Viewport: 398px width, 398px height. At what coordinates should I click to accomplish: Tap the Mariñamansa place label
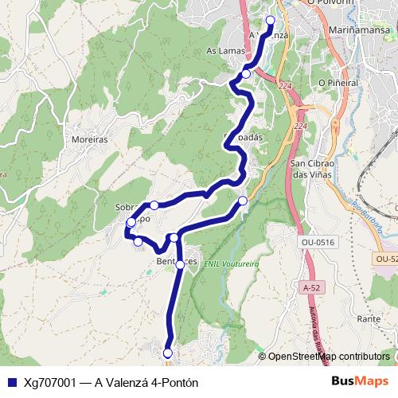tap(358, 29)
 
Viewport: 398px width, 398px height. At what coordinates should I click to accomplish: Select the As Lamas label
tap(224, 50)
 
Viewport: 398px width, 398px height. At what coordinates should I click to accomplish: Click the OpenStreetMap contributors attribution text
tap(328, 357)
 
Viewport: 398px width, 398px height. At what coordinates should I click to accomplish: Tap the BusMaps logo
tap(359, 381)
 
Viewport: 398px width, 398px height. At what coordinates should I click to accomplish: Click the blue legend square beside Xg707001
tap(10, 382)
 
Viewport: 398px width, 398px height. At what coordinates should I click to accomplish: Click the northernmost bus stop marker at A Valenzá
tap(270, 21)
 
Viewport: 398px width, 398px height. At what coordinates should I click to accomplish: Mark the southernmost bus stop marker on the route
tap(168, 353)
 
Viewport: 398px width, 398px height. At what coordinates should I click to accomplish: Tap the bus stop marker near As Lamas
tap(246, 74)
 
